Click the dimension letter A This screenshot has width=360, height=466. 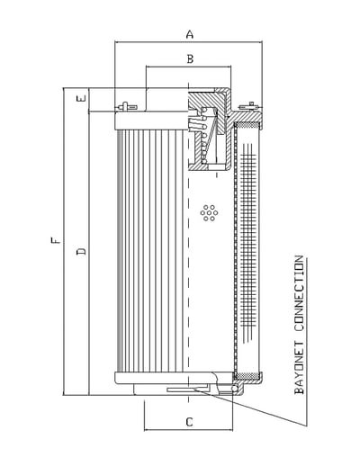[190, 34]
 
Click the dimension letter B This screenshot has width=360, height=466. [190, 58]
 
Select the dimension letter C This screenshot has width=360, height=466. [189, 422]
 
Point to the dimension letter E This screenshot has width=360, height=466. [81, 98]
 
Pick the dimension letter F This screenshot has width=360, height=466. [55, 240]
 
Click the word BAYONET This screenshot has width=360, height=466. [299, 368]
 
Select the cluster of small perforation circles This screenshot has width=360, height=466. [209, 213]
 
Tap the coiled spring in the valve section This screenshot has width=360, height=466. [204, 136]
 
